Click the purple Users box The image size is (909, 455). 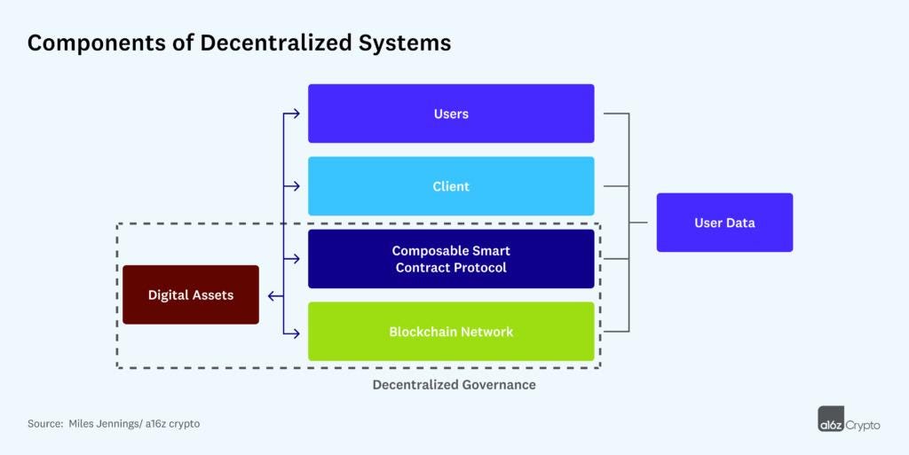tap(451, 114)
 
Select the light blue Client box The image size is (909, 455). tap(451, 186)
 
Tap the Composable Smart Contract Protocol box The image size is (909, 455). tap(451, 259)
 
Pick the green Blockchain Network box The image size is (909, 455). tap(451, 332)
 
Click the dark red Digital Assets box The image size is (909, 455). tap(191, 294)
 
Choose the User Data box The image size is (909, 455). tap(724, 223)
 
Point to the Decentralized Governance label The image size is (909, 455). tap(454, 385)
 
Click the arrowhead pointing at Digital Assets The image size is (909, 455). tap(271, 295)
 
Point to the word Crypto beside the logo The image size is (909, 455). tap(862, 425)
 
